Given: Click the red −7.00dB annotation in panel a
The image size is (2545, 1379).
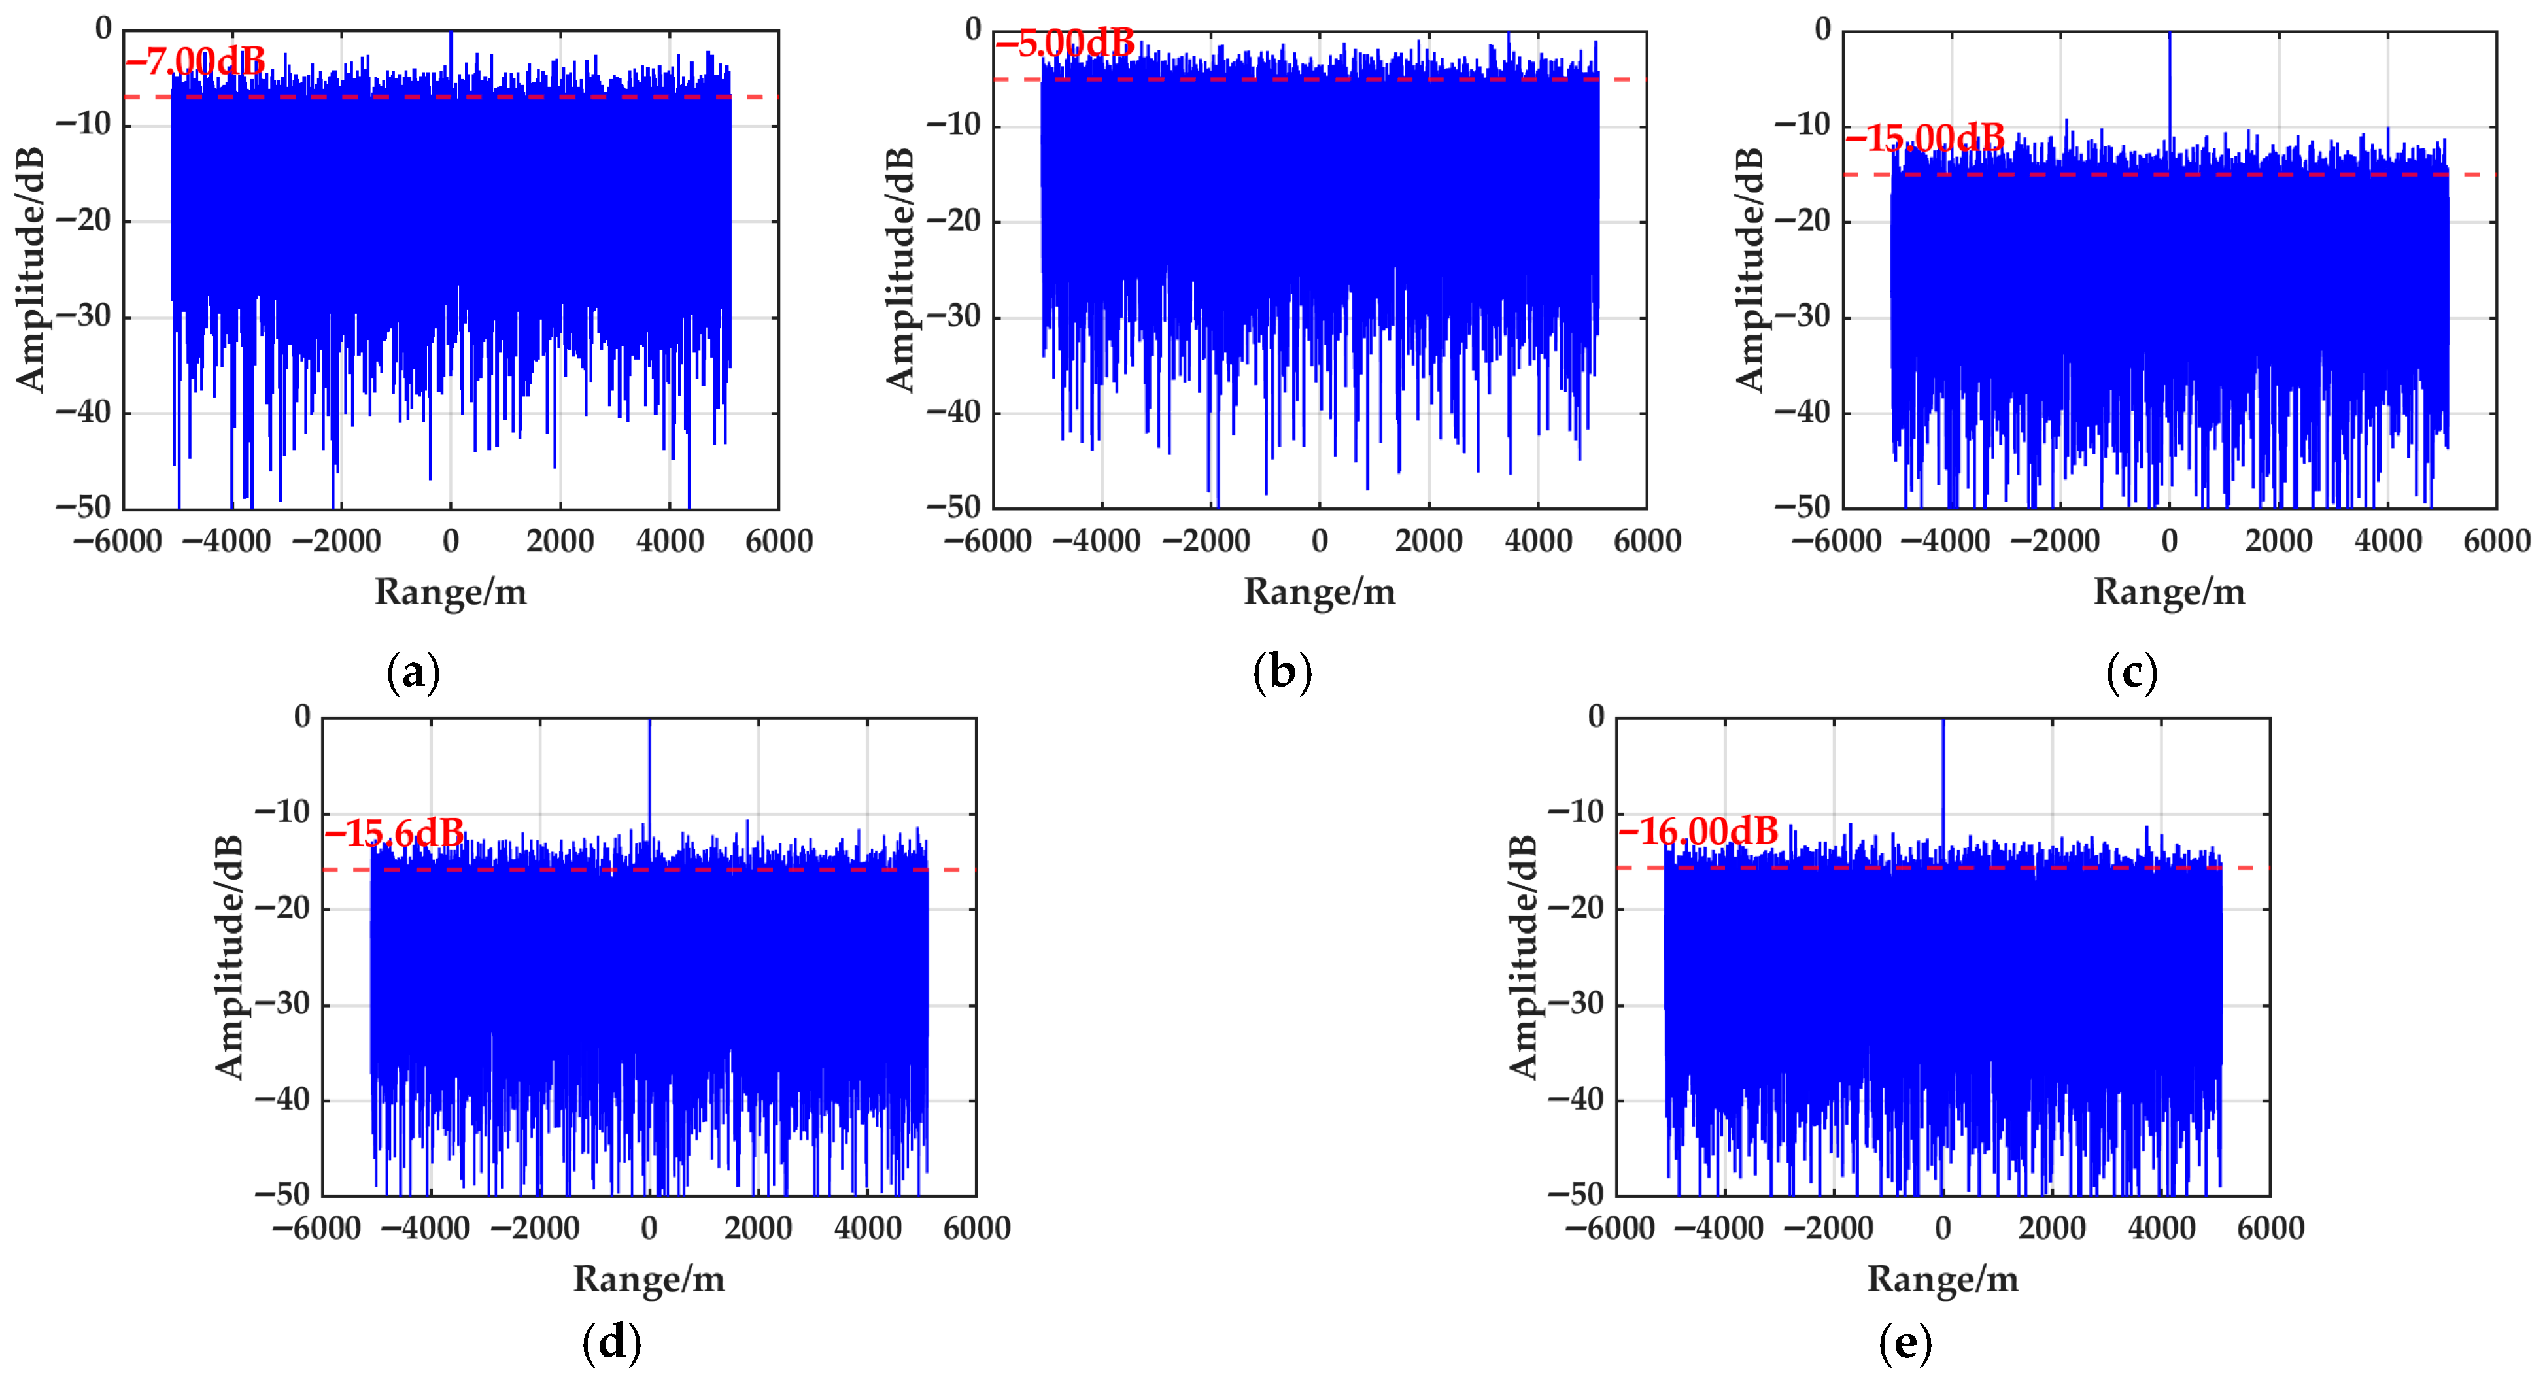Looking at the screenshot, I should point(196,62).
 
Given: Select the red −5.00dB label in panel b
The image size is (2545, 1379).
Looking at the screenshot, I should point(1065,43).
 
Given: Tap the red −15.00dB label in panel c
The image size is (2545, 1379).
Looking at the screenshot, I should point(1924,137).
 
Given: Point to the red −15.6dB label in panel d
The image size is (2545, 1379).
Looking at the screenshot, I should point(394,834).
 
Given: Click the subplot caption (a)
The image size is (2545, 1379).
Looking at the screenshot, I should point(413,673).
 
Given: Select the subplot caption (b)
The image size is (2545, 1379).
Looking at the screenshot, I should point(1282,673).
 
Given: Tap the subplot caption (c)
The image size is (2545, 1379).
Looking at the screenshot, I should point(2132,673).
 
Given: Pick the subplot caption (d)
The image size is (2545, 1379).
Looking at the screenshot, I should point(611,1342).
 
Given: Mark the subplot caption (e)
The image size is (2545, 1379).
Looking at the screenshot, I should point(1905,1342).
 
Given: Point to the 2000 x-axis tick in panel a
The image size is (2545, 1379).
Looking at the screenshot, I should point(560,541).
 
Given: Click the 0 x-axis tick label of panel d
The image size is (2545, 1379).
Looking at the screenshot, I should point(649,1228).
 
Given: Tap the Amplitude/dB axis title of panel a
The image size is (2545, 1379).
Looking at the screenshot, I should point(31,269).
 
